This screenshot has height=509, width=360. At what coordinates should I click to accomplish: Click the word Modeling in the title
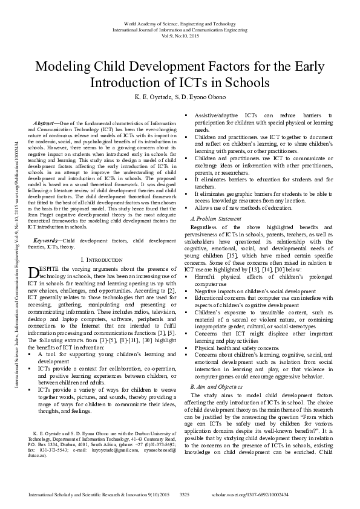pos(63,66)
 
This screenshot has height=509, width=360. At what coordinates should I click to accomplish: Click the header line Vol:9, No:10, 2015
pos(180,36)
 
